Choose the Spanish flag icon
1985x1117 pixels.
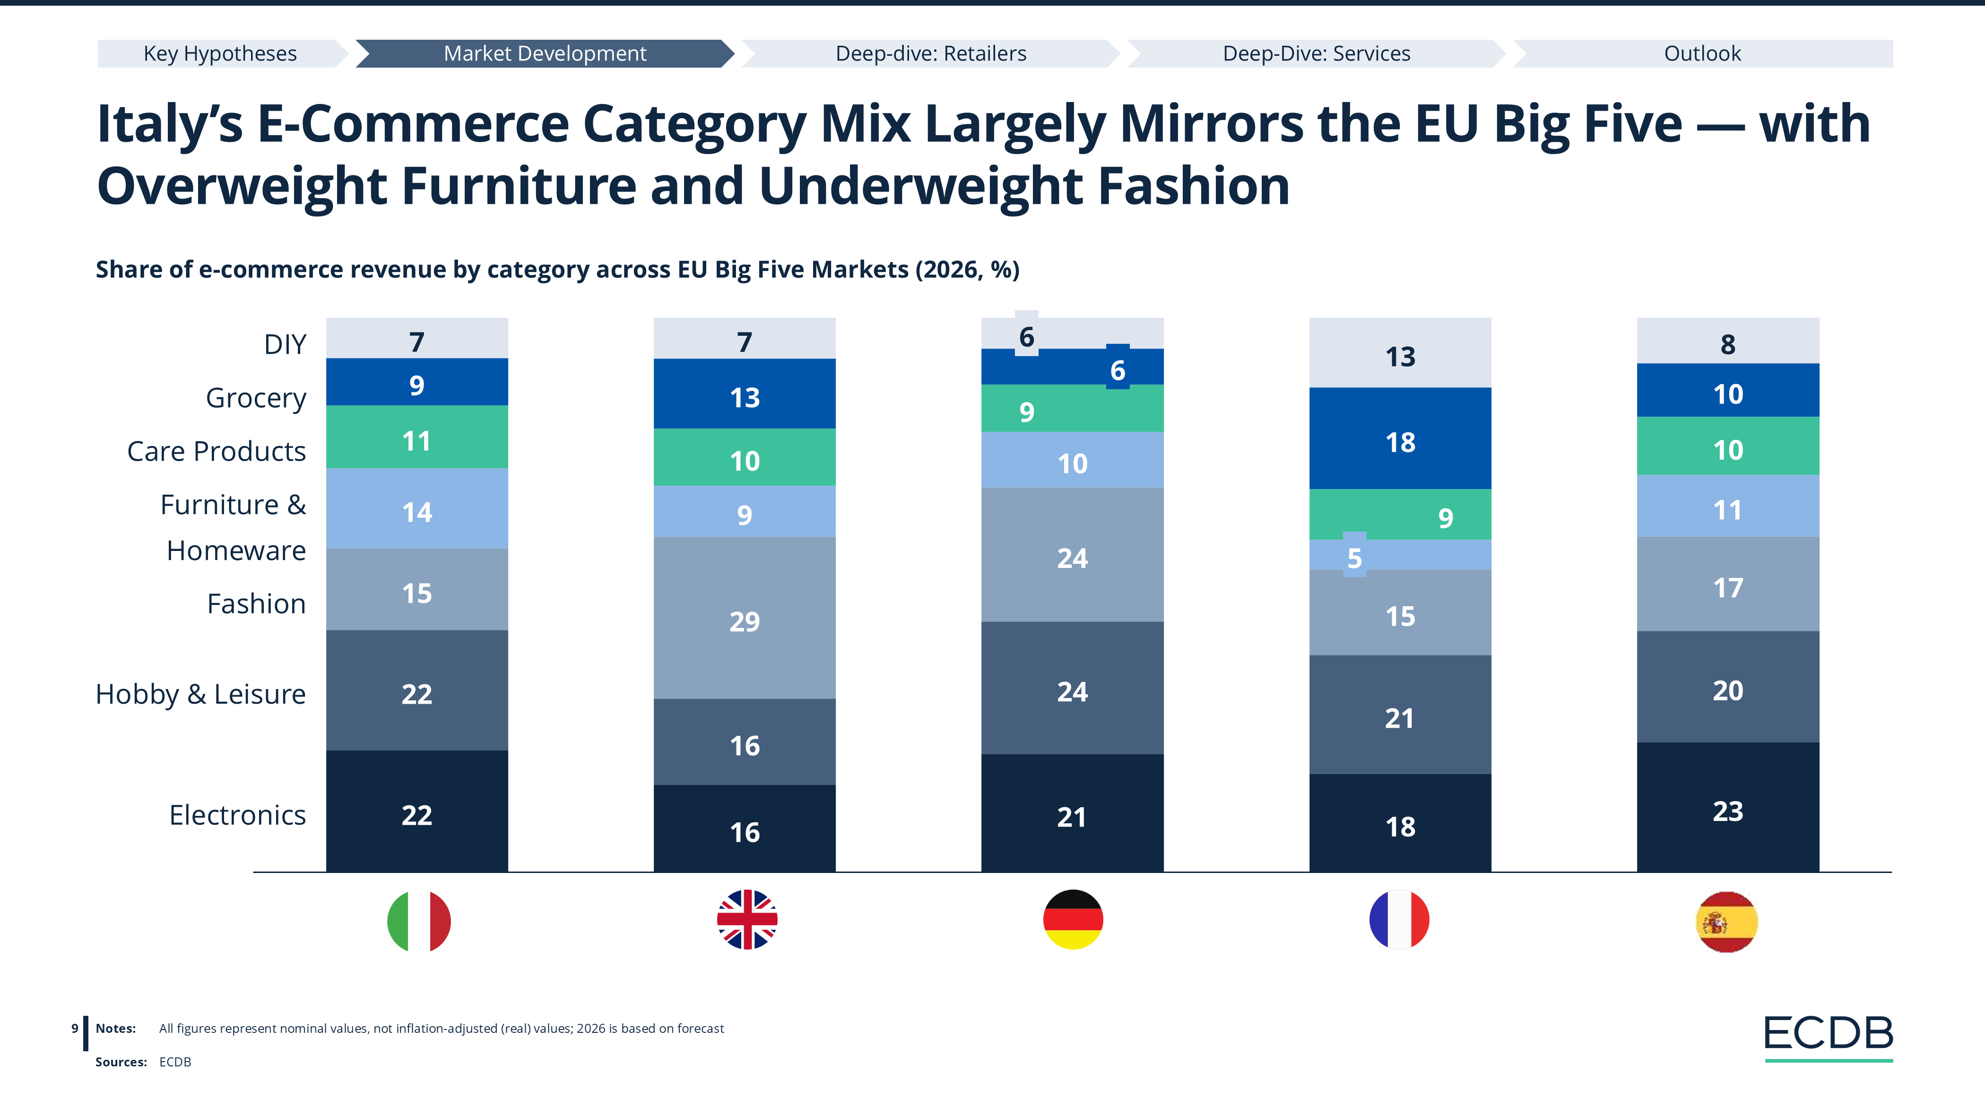click(x=1727, y=921)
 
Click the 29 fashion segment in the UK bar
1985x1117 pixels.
click(x=745, y=620)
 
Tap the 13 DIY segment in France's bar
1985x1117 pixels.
click(x=1400, y=356)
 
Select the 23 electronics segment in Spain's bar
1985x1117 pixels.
click(x=1728, y=811)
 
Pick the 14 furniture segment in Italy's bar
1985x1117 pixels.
click(x=417, y=512)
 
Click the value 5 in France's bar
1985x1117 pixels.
click(x=1355, y=558)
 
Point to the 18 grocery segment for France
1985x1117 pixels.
click(x=1400, y=442)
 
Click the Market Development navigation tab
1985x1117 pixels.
click(x=545, y=53)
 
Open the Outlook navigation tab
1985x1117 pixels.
click(x=1702, y=53)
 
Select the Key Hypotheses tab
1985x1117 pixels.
click(x=220, y=53)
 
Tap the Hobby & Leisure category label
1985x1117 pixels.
click(x=200, y=694)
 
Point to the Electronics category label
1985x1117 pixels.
click(x=237, y=815)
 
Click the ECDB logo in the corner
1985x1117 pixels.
click(x=1828, y=1035)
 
